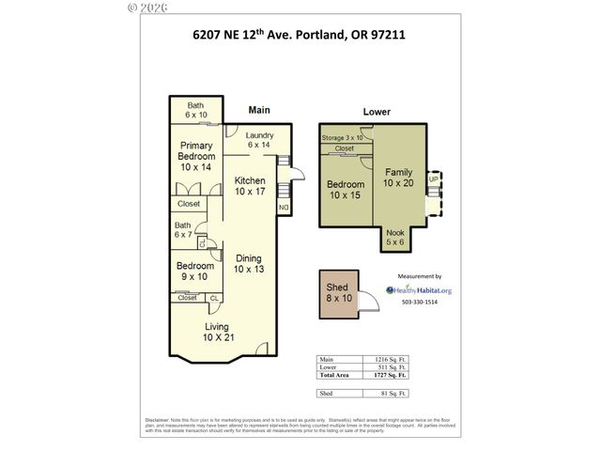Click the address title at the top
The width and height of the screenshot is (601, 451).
300,38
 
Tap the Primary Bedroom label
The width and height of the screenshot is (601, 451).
197,156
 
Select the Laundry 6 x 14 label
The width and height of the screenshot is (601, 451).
259,140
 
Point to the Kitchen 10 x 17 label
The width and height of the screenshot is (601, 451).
250,186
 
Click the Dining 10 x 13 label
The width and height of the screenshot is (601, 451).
249,264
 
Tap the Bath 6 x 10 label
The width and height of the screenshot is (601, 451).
195,110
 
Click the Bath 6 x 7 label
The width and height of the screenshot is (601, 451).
183,229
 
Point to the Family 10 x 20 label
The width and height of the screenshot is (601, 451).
397,178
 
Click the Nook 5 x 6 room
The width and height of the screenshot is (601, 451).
395,238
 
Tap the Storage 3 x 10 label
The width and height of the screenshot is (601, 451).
342,137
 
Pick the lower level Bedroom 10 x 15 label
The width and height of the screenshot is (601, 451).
345,190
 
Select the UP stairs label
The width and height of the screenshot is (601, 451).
433,179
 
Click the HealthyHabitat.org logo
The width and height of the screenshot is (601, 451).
419,290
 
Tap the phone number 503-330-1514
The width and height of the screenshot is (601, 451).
420,303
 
